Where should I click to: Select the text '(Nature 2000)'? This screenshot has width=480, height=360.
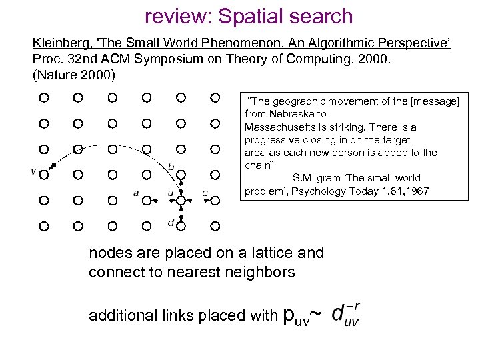click(74, 74)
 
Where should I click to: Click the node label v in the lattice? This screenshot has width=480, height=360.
click(33, 171)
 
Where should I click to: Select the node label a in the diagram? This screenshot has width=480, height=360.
click(136, 193)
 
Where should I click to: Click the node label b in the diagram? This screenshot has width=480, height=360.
click(171, 165)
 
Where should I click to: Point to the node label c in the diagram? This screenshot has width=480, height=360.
click(205, 193)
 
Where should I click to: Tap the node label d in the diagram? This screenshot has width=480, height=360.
click(171, 223)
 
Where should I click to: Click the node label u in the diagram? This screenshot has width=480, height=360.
click(171, 193)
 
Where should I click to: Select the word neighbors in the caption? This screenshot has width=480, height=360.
click(262, 273)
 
